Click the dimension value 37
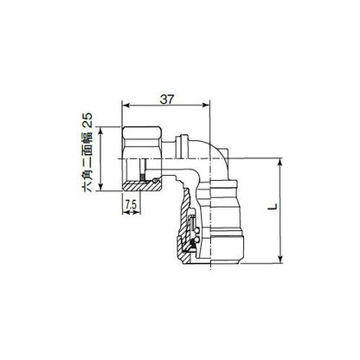pyautogui.click(x=167, y=100)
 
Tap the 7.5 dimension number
pyautogui.click(x=131, y=205)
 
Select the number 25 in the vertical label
pyautogui.click(x=87, y=120)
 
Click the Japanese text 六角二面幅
pyautogui.click(x=87, y=161)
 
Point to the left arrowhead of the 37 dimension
pyautogui.click(x=125, y=106)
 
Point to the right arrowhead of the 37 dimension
pyautogui.click(x=207, y=106)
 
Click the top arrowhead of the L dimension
pyautogui.click(x=280, y=162)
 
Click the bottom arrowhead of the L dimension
pyautogui.click(x=280, y=260)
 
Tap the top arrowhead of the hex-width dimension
pyautogui.click(x=100, y=130)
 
